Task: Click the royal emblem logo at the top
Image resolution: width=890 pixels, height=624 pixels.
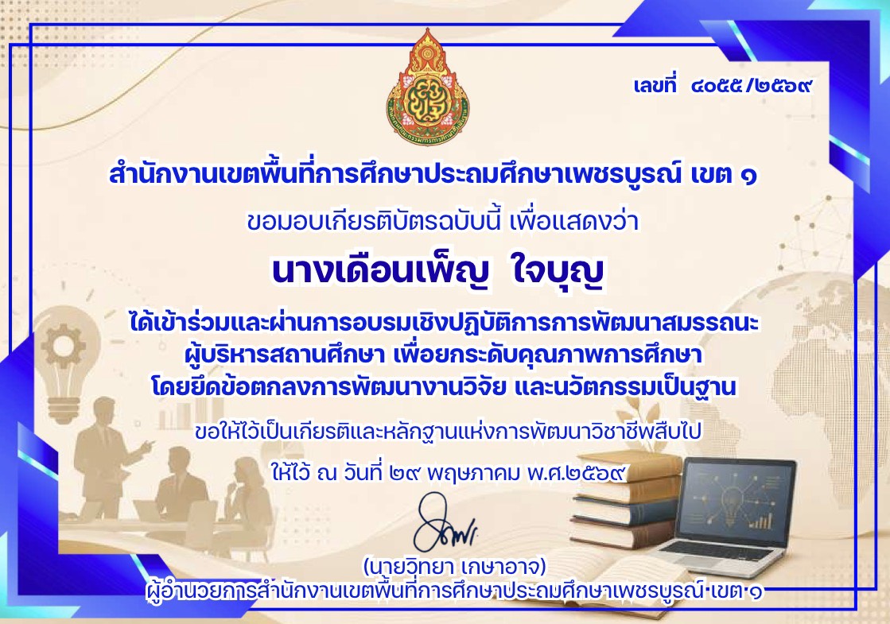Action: pos(428,86)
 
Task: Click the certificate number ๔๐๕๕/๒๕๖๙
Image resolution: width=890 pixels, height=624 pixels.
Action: pos(752,86)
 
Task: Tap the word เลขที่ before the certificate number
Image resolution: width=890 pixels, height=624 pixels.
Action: pos(655,85)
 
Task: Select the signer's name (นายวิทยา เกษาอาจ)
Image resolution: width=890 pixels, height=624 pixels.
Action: pos(454,567)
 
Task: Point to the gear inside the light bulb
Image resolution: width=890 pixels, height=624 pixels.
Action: pos(63,344)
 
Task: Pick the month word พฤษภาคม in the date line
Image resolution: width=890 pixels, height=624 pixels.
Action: pos(472,472)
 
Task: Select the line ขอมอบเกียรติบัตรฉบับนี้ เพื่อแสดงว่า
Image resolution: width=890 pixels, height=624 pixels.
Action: pos(443,221)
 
